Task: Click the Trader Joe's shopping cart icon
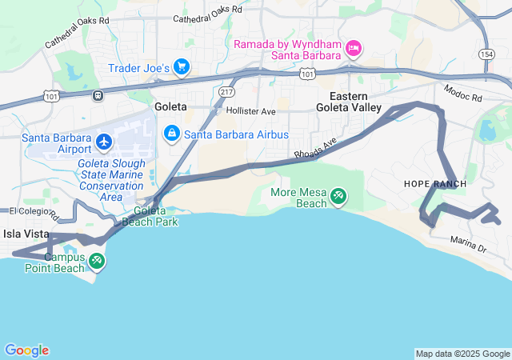pos(182,67)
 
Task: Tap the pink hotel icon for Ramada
pos(354,50)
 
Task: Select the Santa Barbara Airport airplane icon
pos(103,142)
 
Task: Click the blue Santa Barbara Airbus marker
pos(171,134)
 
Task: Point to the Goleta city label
pos(170,106)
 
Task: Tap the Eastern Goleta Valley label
pos(348,102)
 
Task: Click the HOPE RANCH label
pos(430,183)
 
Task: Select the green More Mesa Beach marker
pos(338,194)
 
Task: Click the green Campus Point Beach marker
pos(97,259)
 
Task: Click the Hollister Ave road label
pos(250,111)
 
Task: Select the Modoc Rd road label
pos(463,94)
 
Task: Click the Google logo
pos(26,350)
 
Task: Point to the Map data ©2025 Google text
pos(462,354)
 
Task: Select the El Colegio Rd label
pos(32,212)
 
